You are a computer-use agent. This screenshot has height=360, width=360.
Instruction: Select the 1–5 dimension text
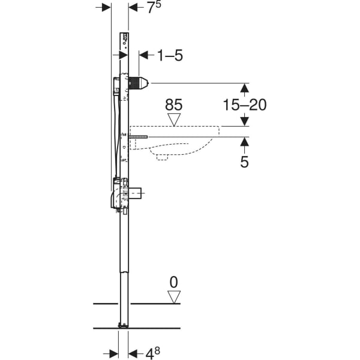click(x=169, y=56)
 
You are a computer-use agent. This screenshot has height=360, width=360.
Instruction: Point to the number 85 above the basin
click(x=173, y=105)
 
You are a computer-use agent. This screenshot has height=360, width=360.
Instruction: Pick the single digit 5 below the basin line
click(x=244, y=161)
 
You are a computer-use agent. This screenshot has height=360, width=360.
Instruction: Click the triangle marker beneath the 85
click(x=174, y=119)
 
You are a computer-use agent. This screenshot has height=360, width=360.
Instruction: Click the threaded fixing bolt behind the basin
click(x=139, y=137)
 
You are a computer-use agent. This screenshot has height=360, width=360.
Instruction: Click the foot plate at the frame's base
click(x=124, y=325)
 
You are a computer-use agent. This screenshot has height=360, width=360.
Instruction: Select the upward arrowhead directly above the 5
click(x=244, y=142)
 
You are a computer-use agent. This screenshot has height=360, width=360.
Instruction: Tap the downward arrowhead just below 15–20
click(x=244, y=121)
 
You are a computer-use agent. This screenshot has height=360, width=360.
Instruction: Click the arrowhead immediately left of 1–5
click(x=143, y=55)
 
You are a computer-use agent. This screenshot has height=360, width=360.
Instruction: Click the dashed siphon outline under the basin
click(x=162, y=157)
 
